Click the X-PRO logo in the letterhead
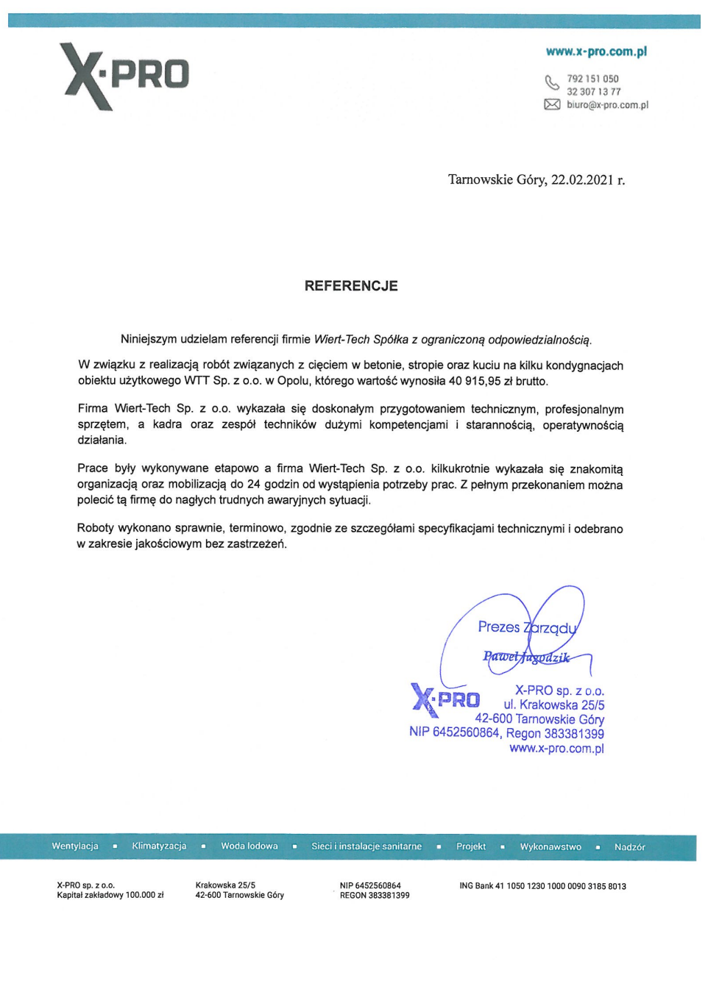(x=125, y=76)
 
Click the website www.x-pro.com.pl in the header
(x=596, y=51)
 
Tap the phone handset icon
(x=552, y=82)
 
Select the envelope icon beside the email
(x=552, y=104)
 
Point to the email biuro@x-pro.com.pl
(x=607, y=105)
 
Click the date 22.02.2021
(x=582, y=180)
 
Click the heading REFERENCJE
(x=351, y=286)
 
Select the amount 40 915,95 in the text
(x=475, y=381)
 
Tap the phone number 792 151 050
(x=592, y=79)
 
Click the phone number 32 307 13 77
(x=593, y=92)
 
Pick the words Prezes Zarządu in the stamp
(x=527, y=627)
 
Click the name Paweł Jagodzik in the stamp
(x=526, y=657)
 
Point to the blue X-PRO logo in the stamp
(x=445, y=699)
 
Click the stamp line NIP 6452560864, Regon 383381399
(x=506, y=733)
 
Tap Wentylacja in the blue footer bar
(x=75, y=846)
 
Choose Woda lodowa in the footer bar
(x=249, y=846)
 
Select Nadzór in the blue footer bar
(x=629, y=847)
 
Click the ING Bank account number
(x=566, y=886)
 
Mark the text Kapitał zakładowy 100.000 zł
(x=110, y=896)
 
